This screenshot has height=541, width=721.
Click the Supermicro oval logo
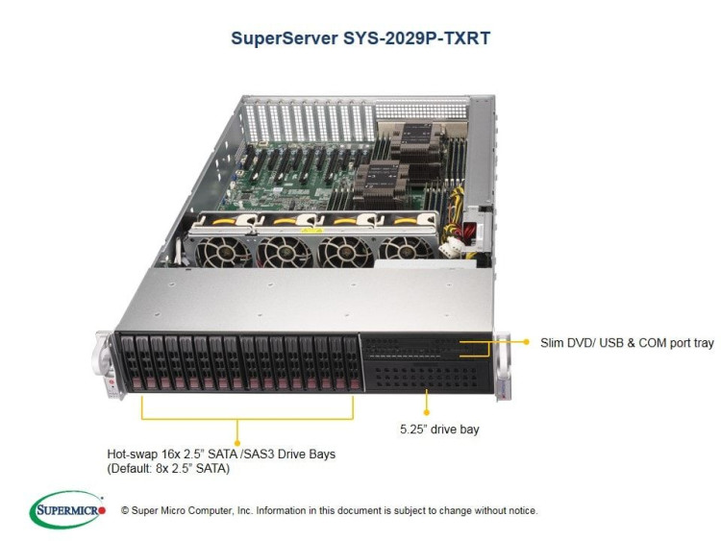pos(68,510)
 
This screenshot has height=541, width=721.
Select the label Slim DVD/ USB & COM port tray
pos(624,341)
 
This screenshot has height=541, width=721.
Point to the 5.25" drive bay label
pos(439,429)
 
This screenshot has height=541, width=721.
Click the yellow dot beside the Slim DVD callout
pos(526,341)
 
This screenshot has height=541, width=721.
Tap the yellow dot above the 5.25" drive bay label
pos(426,409)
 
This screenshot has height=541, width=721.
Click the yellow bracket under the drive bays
pos(237,419)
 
